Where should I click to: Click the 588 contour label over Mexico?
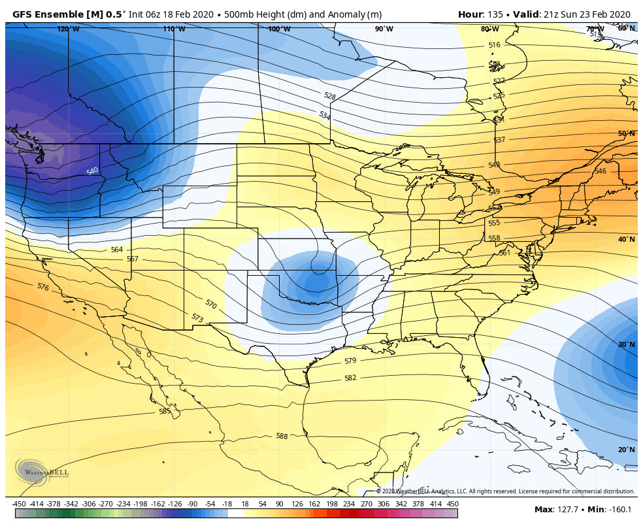tap(282, 436)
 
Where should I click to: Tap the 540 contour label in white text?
tap(92, 171)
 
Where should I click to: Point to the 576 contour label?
tap(43, 287)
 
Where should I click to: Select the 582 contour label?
tap(350, 378)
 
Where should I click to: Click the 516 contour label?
tap(494, 45)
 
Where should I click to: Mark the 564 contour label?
tap(116, 250)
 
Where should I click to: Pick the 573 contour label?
tap(197, 318)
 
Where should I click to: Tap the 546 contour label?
tap(600, 171)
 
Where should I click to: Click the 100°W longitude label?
tap(279, 29)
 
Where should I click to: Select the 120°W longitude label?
tap(68, 29)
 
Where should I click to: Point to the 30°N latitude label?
tap(626, 344)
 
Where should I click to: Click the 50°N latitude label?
tap(626, 133)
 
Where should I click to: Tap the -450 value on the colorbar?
tap(19, 504)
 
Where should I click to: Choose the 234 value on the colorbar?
tap(348, 504)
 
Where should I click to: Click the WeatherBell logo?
tap(41, 471)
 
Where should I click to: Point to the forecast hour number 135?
tap(496, 14)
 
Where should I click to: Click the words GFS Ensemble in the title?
tap(45, 14)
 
